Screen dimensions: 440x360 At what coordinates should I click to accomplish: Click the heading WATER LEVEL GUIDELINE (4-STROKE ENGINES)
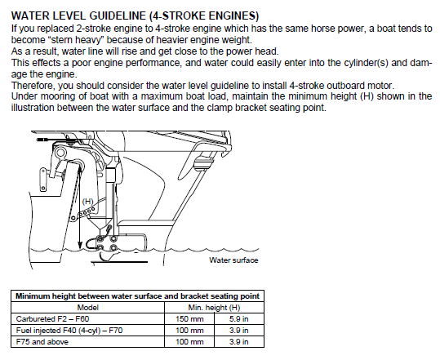135,16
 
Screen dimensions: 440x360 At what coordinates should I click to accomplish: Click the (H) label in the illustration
87,201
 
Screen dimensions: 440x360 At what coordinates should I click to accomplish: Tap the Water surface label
233,260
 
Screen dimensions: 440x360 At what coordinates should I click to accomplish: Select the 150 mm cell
189,319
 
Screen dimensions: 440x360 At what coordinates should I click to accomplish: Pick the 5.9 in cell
239,319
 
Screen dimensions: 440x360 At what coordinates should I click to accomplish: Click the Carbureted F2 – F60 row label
52,319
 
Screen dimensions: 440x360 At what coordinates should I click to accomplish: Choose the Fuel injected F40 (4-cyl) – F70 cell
69,331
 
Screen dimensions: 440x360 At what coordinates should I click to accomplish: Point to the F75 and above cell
42,342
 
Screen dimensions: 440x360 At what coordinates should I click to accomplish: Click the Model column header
88,308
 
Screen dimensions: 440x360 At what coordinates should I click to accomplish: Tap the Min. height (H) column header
214,308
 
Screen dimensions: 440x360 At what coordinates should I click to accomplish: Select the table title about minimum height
137,296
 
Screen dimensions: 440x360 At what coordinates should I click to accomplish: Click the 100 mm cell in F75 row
189,342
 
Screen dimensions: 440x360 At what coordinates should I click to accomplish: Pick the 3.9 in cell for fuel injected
239,331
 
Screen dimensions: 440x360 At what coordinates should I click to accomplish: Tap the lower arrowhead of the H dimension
80,245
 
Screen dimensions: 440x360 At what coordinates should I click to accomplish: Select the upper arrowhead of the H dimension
80,167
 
